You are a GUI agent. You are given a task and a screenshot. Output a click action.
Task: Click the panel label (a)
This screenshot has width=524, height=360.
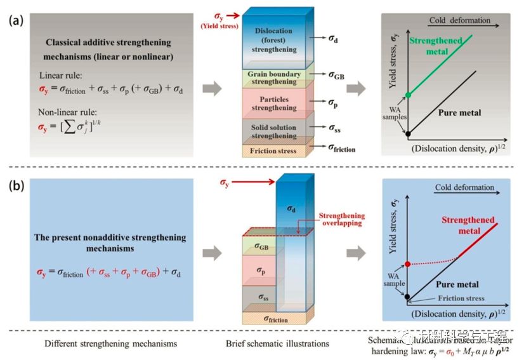click(16, 20)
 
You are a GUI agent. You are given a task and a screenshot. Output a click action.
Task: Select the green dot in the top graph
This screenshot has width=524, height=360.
click(408, 95)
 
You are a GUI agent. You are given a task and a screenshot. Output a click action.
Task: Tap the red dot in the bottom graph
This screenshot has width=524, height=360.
click(408, 263)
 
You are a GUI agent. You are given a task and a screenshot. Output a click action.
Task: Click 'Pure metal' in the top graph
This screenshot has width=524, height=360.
click(459, 112)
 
